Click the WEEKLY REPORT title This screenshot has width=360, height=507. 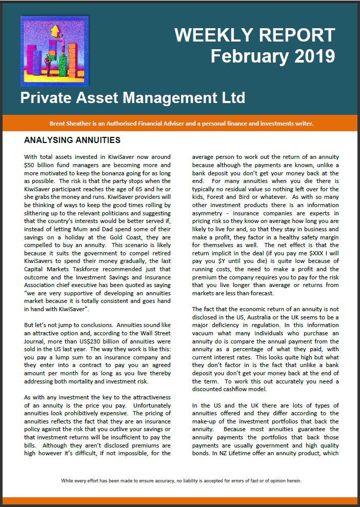click(254, 35)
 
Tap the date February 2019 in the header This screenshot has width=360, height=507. click(273, 56)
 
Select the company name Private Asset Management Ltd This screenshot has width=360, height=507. click(133, 97)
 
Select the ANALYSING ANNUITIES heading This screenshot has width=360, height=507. click(72, 139)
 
